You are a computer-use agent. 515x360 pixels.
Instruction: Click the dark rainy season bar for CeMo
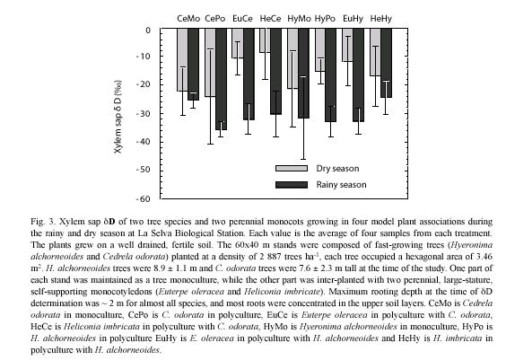click(x=194, y=65)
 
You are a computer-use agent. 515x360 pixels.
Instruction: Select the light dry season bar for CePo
click(x=210, y=63)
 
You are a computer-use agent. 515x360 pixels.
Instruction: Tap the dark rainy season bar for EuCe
click(x=249, y=75)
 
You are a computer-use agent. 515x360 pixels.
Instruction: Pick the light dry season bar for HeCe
click(x=265, y=40)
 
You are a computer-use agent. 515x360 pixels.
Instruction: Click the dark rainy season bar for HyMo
click(x=303, y=74)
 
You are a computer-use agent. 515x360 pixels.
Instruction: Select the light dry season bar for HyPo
click(x=320, y=50)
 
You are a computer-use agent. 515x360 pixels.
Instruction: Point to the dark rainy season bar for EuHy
click(x=359, y=75)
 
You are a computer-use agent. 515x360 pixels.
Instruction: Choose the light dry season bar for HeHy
click(x=375, y=52)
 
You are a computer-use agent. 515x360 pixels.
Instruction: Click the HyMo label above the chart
click(x=299, y=19)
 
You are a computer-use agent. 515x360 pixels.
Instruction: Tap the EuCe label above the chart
click(x=242, y=19)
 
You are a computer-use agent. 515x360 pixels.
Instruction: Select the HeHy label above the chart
click(x=381, y=19)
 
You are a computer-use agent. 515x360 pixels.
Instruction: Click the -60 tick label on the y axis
click(x=144, y=199)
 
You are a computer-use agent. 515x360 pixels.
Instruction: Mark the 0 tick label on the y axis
click(x=148, y=31)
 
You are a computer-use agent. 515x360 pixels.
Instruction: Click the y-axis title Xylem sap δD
click(x=118, y=117)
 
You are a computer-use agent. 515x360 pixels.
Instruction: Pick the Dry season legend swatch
click(x=292, y=168)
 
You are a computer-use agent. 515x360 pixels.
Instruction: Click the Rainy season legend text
click(x=341, y=185)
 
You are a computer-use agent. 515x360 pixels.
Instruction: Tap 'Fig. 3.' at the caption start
click(x=43, y=222)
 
